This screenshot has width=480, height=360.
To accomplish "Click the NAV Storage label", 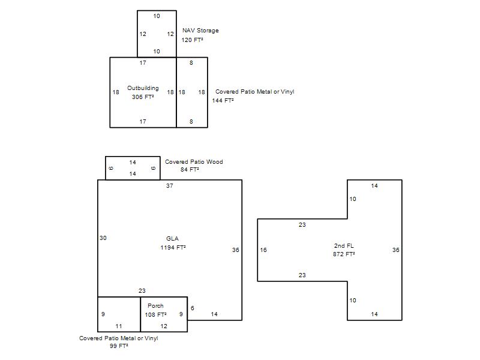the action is (x=200, y=31).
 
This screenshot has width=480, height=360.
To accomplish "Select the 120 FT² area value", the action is (x=192, y=40).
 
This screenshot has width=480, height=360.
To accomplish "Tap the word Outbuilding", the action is (x=143, y=88).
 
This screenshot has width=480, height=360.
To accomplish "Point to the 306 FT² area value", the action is (x=143, y=97).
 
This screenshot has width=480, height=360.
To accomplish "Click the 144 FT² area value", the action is (x=223, y=100).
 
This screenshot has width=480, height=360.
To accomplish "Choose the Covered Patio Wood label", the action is (x=194, y=161).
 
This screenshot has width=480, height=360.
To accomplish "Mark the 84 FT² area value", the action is (x=190, y=169).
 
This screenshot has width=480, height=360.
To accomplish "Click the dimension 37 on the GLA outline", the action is (x=170, y=185).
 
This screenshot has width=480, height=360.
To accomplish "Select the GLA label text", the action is (x=172, y=238).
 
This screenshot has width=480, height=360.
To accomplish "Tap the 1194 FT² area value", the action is (x=173, y=247).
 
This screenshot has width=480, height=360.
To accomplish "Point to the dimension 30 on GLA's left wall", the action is (x=103, y=238).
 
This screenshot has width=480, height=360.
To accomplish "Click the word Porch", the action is (x=155, y=305).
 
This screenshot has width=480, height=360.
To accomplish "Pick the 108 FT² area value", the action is (x=155, y=314).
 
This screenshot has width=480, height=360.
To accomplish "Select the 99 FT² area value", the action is (x=119, y=346).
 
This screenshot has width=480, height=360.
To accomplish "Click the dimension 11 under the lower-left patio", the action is (x=119, y=326).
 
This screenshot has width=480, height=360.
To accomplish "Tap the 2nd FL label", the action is (x=344, y=245).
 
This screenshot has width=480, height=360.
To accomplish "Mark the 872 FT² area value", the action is (x=344, y=254).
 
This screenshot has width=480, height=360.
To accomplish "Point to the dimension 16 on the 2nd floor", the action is (x=263, y=250).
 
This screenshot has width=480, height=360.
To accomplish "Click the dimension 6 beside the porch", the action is (x=192, y=308).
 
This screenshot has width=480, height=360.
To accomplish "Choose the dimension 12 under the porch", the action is (x=164, y=326).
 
